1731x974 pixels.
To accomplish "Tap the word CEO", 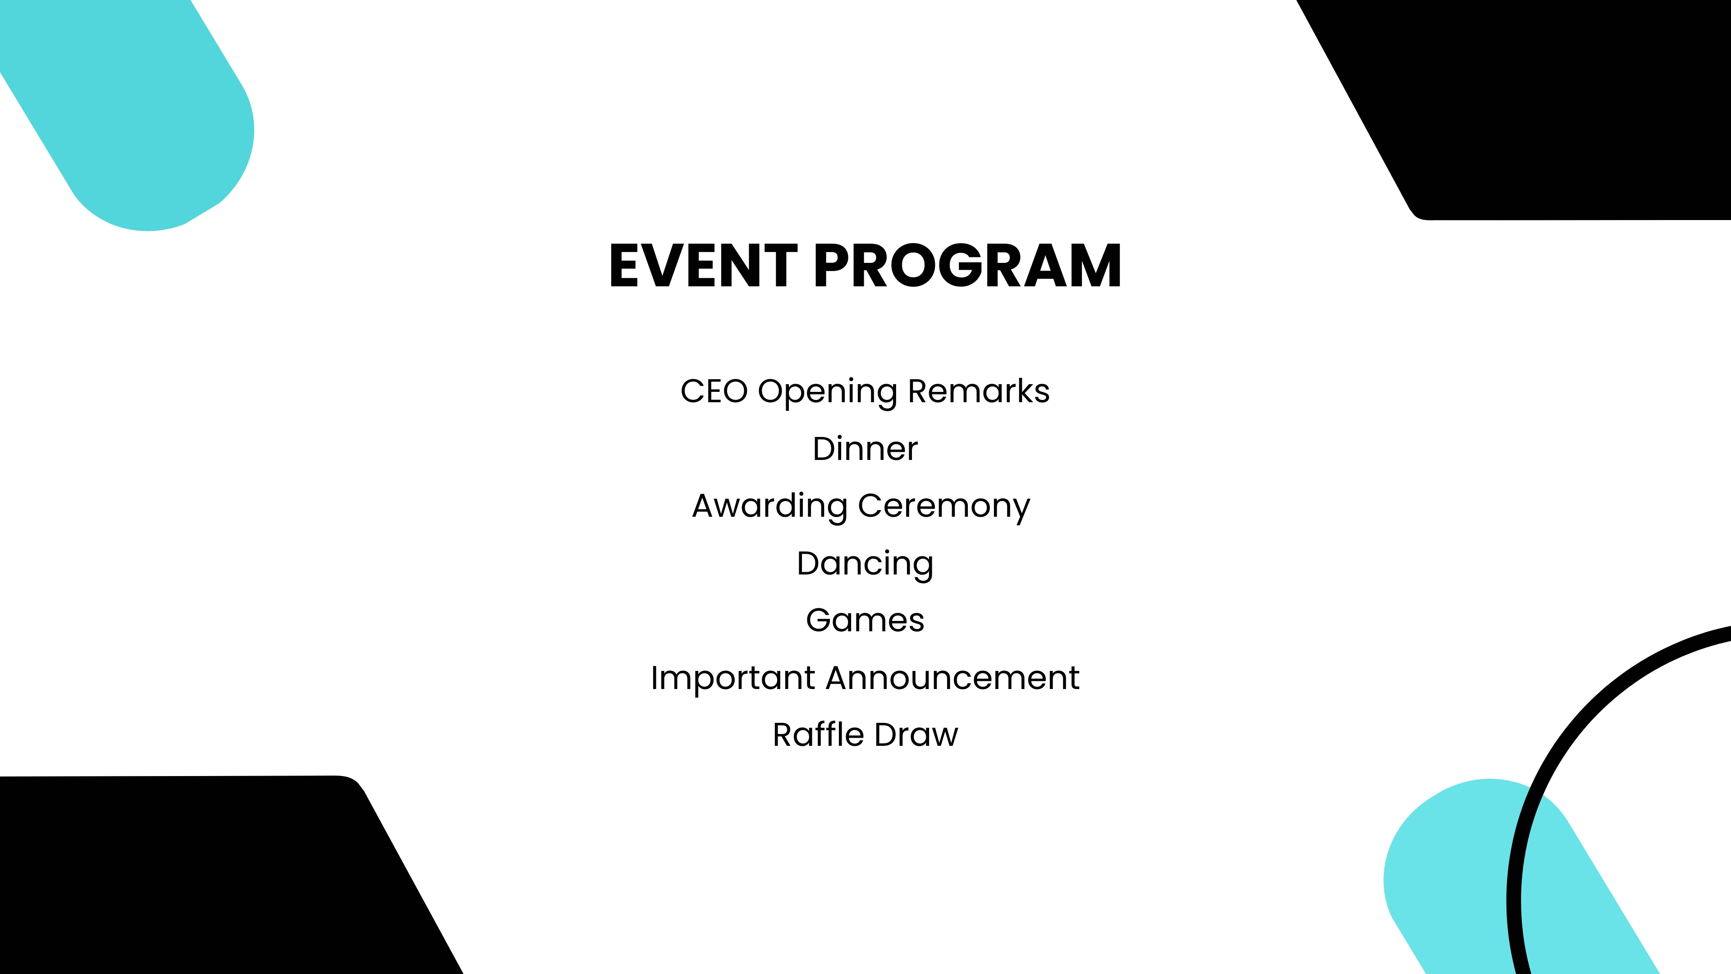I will click(x=714, y=391).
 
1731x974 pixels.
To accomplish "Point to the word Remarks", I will click(x=978, y=391).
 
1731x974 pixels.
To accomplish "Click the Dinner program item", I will click(x=865, y=449).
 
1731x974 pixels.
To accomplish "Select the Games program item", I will click(x=865, y=620).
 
